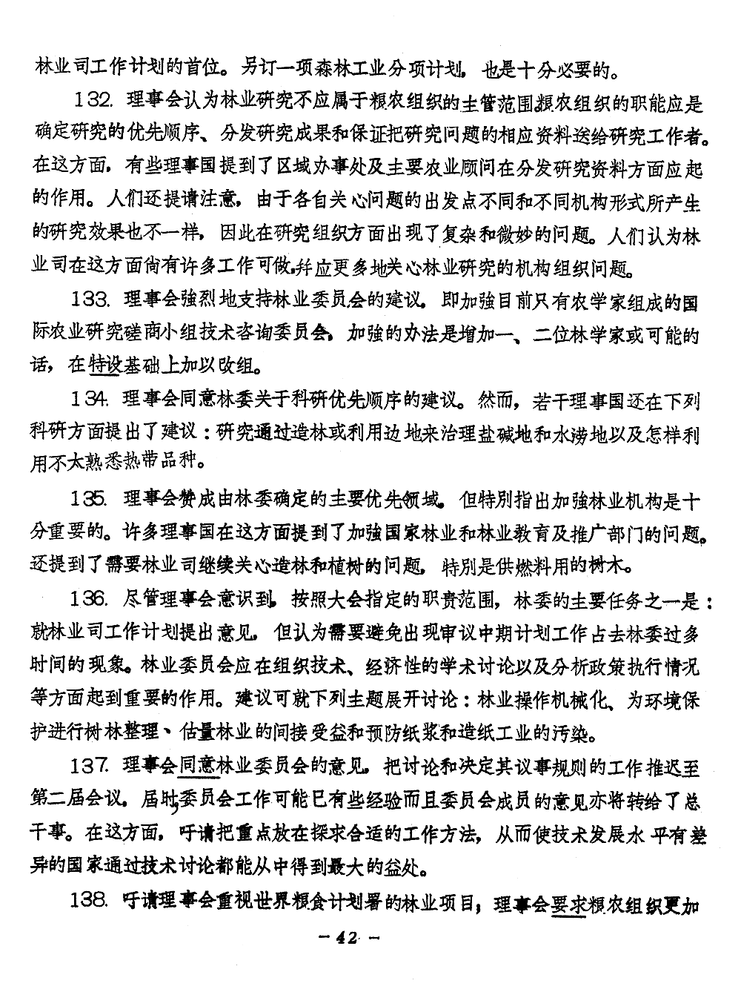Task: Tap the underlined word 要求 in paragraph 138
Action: pos(568,902)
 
